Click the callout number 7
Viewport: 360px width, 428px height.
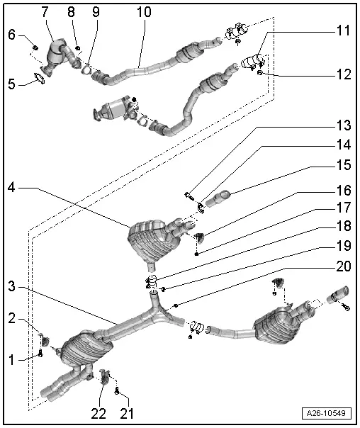pos(45,11)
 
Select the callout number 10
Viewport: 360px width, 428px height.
pos(144,12)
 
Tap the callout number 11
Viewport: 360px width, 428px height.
pos(343,30)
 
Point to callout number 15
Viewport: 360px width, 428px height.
pos(344,165)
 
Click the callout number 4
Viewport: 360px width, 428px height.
pos(11,188)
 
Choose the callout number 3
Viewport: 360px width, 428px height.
pos(11,287)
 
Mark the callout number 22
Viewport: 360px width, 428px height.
pos(99,414)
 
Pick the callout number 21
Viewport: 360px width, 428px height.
pos(127,414)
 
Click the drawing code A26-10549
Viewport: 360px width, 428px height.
pos(326,413)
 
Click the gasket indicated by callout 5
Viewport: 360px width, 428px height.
pos(39,79)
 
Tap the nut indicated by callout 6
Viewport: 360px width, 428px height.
pos(35,48)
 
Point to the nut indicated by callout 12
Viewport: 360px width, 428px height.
pos(260,73)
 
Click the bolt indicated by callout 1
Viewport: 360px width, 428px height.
pos(40,353)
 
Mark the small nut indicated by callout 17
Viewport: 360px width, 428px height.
pos(196,254)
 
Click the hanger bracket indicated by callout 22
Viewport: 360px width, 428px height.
pos(104,376)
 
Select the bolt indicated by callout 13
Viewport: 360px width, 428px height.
pos(189,196)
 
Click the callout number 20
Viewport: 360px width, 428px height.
pos(344,266)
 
